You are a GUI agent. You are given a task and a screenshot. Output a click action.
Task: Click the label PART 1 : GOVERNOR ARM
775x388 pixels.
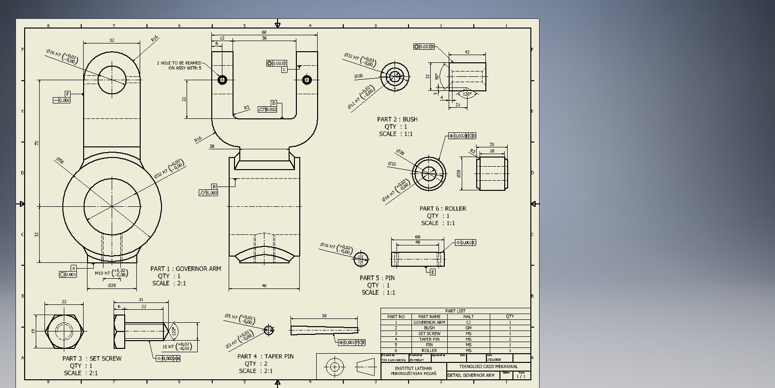point(185,269)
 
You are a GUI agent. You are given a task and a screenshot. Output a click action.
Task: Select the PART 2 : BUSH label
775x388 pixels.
point(397,119)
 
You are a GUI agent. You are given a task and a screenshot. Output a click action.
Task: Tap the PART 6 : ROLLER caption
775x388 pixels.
point(442,209)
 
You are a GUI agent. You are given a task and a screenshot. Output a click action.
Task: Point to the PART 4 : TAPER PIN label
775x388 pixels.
point(265,357)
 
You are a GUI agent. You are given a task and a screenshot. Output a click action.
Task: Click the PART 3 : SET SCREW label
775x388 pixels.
point(92,359)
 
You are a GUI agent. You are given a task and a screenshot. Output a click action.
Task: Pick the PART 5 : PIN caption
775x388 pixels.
point(377,278)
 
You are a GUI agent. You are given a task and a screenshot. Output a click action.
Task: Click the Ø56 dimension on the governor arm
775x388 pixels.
point(60,160)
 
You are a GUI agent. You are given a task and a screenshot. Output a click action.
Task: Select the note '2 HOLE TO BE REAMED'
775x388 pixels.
point(178,63)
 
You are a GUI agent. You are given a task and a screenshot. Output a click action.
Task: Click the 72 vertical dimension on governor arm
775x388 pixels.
point(36,144)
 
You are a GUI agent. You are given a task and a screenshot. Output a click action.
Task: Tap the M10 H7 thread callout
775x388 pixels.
point(102,273)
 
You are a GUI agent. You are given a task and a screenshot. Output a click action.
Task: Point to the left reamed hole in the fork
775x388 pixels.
point(222,80)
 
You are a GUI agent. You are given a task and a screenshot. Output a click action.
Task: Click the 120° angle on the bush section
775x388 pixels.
point(467,94)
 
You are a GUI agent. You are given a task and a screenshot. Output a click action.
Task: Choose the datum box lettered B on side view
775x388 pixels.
point(214,187)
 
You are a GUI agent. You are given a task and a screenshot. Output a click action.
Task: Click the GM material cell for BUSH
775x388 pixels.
point(468,328)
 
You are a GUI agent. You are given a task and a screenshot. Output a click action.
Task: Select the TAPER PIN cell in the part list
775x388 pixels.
point(429,339)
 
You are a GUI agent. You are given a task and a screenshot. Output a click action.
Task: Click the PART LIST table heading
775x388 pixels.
point(455,311)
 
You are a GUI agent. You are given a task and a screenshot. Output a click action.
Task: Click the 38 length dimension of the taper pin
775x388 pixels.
point(324,316)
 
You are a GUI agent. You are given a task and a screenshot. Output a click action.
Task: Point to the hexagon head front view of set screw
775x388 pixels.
point(64,331)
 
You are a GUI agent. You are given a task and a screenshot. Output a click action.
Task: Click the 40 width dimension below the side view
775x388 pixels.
point(264,286)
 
